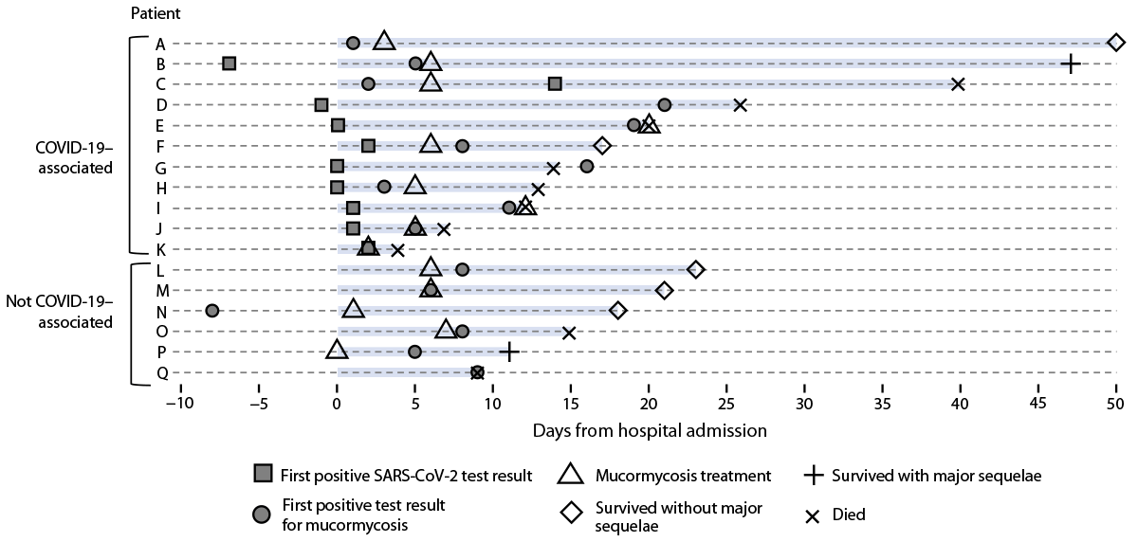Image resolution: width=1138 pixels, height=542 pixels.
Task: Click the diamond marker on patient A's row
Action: click(x=1116, y=42)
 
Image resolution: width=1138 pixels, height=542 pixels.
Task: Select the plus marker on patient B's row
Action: click(x=1070, y=63)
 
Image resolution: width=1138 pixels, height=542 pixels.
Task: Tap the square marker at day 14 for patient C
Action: click(x=555, y=84)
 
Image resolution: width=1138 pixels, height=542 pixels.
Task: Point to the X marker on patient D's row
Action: click(x=741, y=104)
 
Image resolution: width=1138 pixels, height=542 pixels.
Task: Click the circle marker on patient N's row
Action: click(x=212, y=311)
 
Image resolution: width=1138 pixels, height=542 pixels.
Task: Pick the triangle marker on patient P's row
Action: click(x=337, y=351)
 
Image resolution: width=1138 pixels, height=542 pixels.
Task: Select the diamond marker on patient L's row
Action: click(x=695, y=269)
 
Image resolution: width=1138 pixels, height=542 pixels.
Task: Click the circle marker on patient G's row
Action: click(x=586, y=167)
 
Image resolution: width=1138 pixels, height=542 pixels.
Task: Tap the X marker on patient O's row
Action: click(x=569, y=333)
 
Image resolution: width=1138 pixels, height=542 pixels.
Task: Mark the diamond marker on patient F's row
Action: click(x=602, y=145)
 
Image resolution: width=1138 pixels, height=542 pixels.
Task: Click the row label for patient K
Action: click(x=160, y=249)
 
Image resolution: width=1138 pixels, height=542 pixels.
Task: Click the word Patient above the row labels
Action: click(x=156, y=14)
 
